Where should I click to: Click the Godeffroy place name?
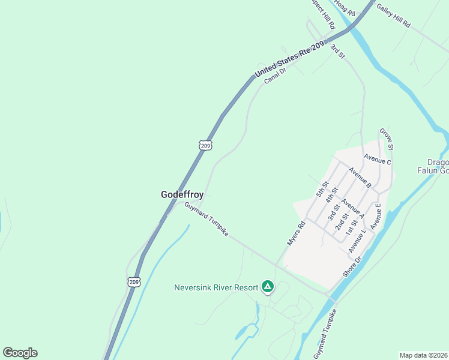click(x=182, y=194)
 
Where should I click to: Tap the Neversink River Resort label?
click(x=216, y=287)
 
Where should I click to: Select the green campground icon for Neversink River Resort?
click(x=268, y=287)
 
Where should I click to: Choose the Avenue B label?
click(x=360, y=177)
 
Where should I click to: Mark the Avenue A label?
click(x=352, y=207)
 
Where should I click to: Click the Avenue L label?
click(x=358, y=240)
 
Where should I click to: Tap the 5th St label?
click(x=323, y=190)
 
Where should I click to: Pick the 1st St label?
click(x=351, y=226)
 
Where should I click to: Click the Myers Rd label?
click(x=296, y=233)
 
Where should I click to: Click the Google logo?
click(x=20, y=353)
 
